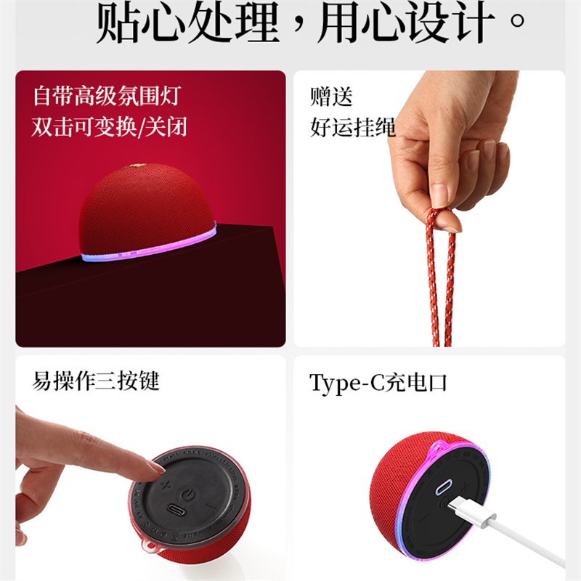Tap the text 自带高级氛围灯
coord(106,96)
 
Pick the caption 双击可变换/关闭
coord(110,127)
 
